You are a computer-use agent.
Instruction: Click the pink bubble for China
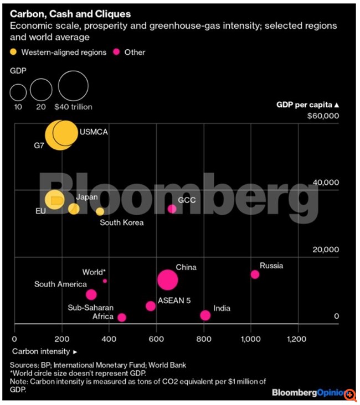pos(167,279)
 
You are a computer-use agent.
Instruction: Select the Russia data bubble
pos(255,274)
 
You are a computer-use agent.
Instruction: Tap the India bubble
pos(205,315)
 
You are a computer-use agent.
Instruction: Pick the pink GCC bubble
pos(172,209)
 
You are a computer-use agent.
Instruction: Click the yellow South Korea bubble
pos(100,211)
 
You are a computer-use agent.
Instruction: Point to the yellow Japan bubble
pos(74,209)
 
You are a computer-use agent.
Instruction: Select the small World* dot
pos(105,281)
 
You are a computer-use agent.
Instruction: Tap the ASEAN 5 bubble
pos(151,306)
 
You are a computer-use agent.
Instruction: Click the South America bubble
pos(91,294)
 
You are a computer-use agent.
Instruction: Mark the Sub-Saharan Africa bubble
pos(122,318)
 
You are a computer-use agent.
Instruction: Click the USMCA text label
pos(94,133)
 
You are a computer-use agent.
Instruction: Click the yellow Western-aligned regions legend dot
pos(13,53)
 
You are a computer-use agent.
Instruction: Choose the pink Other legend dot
pos(117,53)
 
